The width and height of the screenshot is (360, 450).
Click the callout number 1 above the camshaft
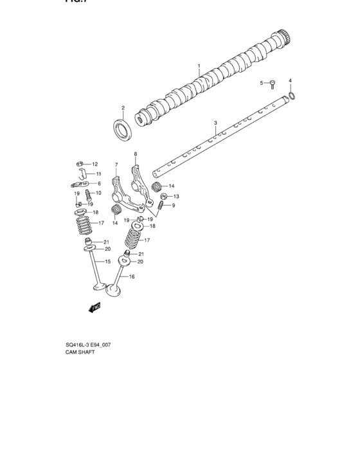point(199,66)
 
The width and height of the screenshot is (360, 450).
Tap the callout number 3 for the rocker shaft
point(215,122)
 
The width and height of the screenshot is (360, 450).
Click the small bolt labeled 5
point(272,83)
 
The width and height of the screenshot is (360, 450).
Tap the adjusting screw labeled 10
point(81,194)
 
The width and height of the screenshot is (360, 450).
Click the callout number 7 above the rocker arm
point(116,165)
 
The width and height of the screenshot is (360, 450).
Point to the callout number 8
point(136,154)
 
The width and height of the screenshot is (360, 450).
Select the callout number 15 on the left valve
point(108,262)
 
